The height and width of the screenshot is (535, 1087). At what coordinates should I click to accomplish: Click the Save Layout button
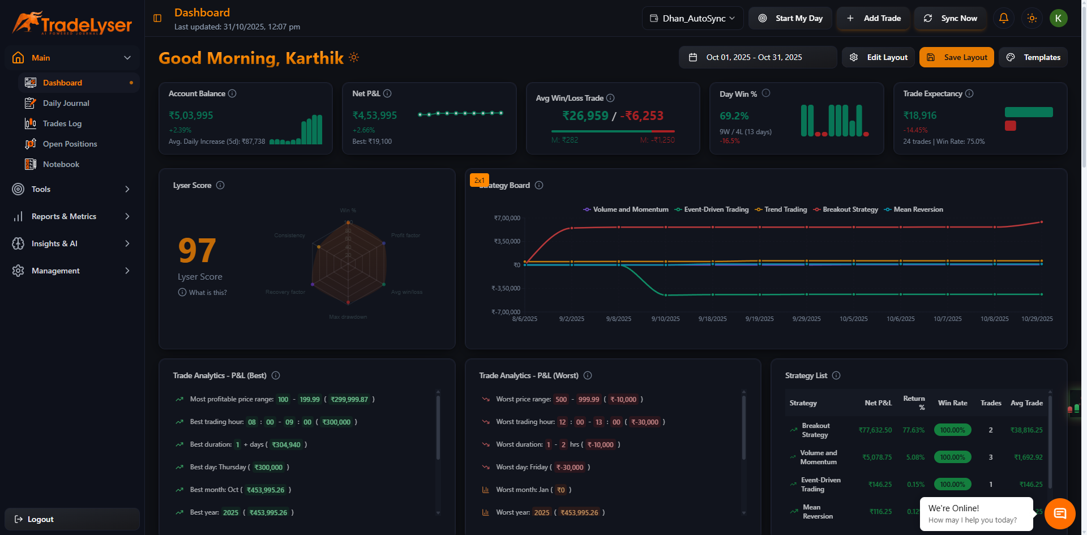(x=956, y=57)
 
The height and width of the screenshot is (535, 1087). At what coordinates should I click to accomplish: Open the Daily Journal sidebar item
(x=66, y=103)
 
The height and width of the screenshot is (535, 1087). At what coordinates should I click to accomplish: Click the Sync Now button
(x=951, y=18)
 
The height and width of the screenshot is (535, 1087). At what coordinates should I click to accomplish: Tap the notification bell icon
(x=1003, y=18)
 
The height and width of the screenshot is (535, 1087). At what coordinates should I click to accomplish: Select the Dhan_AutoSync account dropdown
(x=693, y=18)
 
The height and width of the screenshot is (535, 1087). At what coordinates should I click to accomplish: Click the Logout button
(x=40, y=519)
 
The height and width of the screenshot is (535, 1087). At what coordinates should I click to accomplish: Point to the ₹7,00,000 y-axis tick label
(x=507, y=218)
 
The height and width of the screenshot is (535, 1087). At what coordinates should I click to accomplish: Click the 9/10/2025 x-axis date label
(x=665, y=319)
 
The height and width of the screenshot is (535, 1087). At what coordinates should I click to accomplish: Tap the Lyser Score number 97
(x=197, y=251)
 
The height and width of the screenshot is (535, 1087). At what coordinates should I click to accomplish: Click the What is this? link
(x=207, y=293)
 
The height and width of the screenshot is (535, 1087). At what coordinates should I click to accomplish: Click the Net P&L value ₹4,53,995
(x=374, y=115)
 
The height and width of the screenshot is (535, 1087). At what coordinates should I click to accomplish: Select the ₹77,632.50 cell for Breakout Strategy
(x=875, y=430)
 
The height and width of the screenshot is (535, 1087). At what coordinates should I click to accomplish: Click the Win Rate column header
(x=952, y=403)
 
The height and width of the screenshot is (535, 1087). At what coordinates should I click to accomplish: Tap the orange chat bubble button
(x=1059, y=513)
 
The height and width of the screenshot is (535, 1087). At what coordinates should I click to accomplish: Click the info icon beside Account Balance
(x=232, y=93)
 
